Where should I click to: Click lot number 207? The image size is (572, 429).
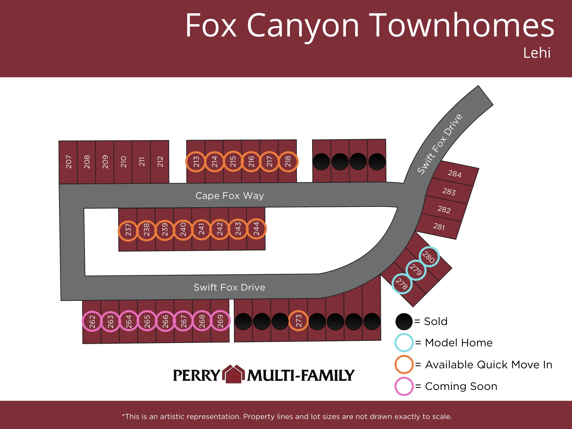(68, 162)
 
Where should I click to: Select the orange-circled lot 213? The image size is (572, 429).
(196, 162)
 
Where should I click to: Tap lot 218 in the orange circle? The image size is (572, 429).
(288, 162)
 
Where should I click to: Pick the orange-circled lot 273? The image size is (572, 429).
(299, 321)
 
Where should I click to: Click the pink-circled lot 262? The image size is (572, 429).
(92, 322)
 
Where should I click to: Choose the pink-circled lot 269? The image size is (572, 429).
(220, 321)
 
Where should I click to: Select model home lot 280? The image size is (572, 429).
(429, 257)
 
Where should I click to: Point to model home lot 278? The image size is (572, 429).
(402, 284)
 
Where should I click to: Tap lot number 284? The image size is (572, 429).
(455, 174)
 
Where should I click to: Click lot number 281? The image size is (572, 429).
(439, 227)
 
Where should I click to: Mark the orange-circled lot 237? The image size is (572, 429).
(128, 230)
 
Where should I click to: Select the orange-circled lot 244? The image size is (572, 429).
(256, 229)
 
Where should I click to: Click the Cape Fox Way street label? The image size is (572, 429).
(230, 196)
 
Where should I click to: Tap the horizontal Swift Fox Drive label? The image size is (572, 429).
(230, 287)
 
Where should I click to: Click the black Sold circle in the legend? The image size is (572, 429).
(404, 322)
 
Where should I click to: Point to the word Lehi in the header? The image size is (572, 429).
(537, 53)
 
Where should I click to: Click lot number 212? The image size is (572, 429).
(160, 161)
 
